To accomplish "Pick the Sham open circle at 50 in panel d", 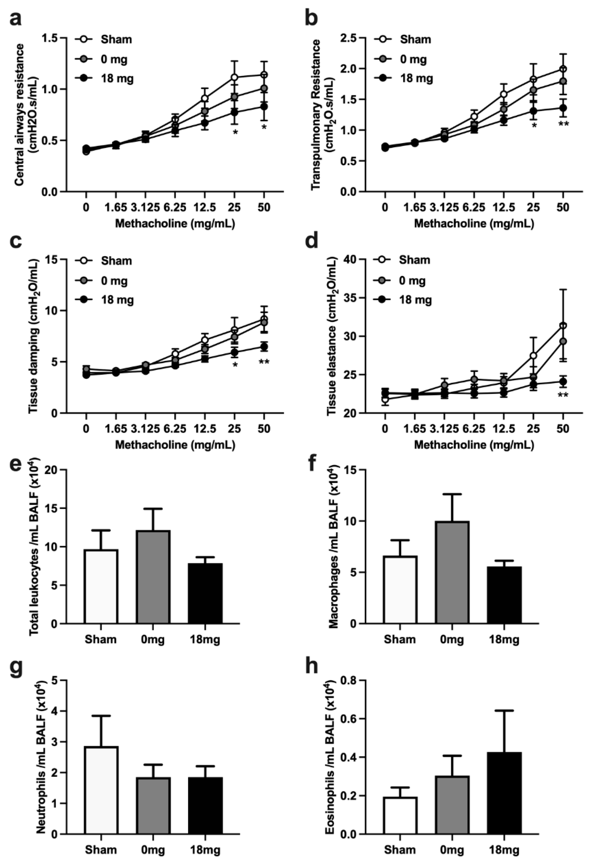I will coord(563,326).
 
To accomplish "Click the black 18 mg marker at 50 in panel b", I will coord(563,108).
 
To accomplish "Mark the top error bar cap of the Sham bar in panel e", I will coord(101,530).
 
